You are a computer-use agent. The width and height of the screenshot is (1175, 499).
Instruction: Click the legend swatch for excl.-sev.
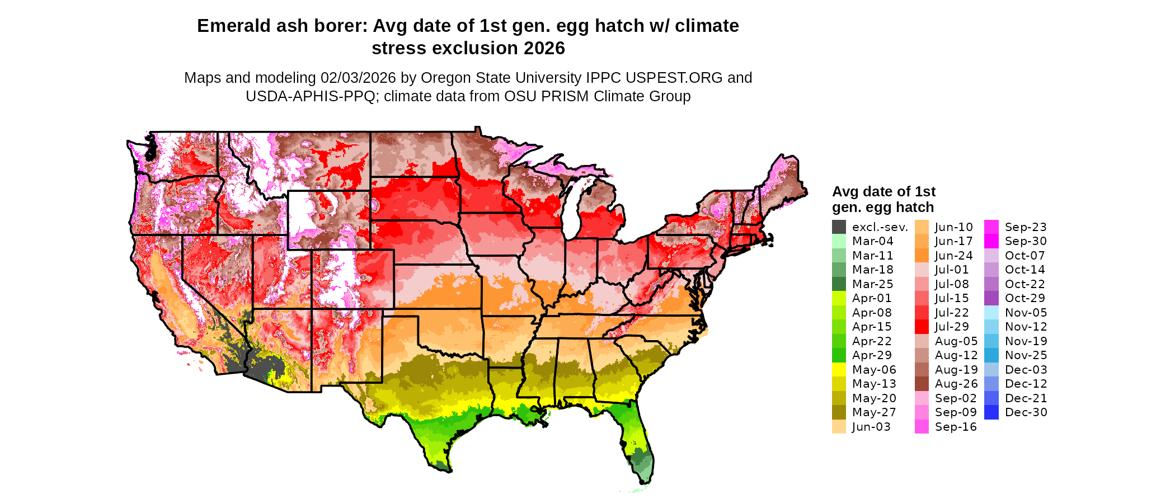(x=839, y=227)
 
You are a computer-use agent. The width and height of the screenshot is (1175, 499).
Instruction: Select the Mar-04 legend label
(x=872, y=241)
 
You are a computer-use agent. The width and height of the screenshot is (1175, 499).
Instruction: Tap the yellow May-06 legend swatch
(x=839, y=370)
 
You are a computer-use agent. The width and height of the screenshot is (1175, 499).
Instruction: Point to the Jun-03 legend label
(x=871, y=427)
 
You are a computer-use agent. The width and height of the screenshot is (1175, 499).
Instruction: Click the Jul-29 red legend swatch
(x=922, y=327)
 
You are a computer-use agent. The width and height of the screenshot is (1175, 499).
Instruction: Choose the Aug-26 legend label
(x=956, y=384)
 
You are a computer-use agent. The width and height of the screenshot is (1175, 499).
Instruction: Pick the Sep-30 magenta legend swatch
(x=991, y=241)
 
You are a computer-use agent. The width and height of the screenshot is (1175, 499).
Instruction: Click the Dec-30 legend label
(x=1026, y=412)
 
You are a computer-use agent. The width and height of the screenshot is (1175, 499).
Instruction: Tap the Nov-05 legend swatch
(x=991, y=313)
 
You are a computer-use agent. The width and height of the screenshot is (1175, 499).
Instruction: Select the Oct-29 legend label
(x=1024, y=298)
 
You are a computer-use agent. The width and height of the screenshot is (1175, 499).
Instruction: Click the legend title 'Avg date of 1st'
(x=883, y=191)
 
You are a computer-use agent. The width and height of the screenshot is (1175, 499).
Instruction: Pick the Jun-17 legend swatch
(x=922, y=241)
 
